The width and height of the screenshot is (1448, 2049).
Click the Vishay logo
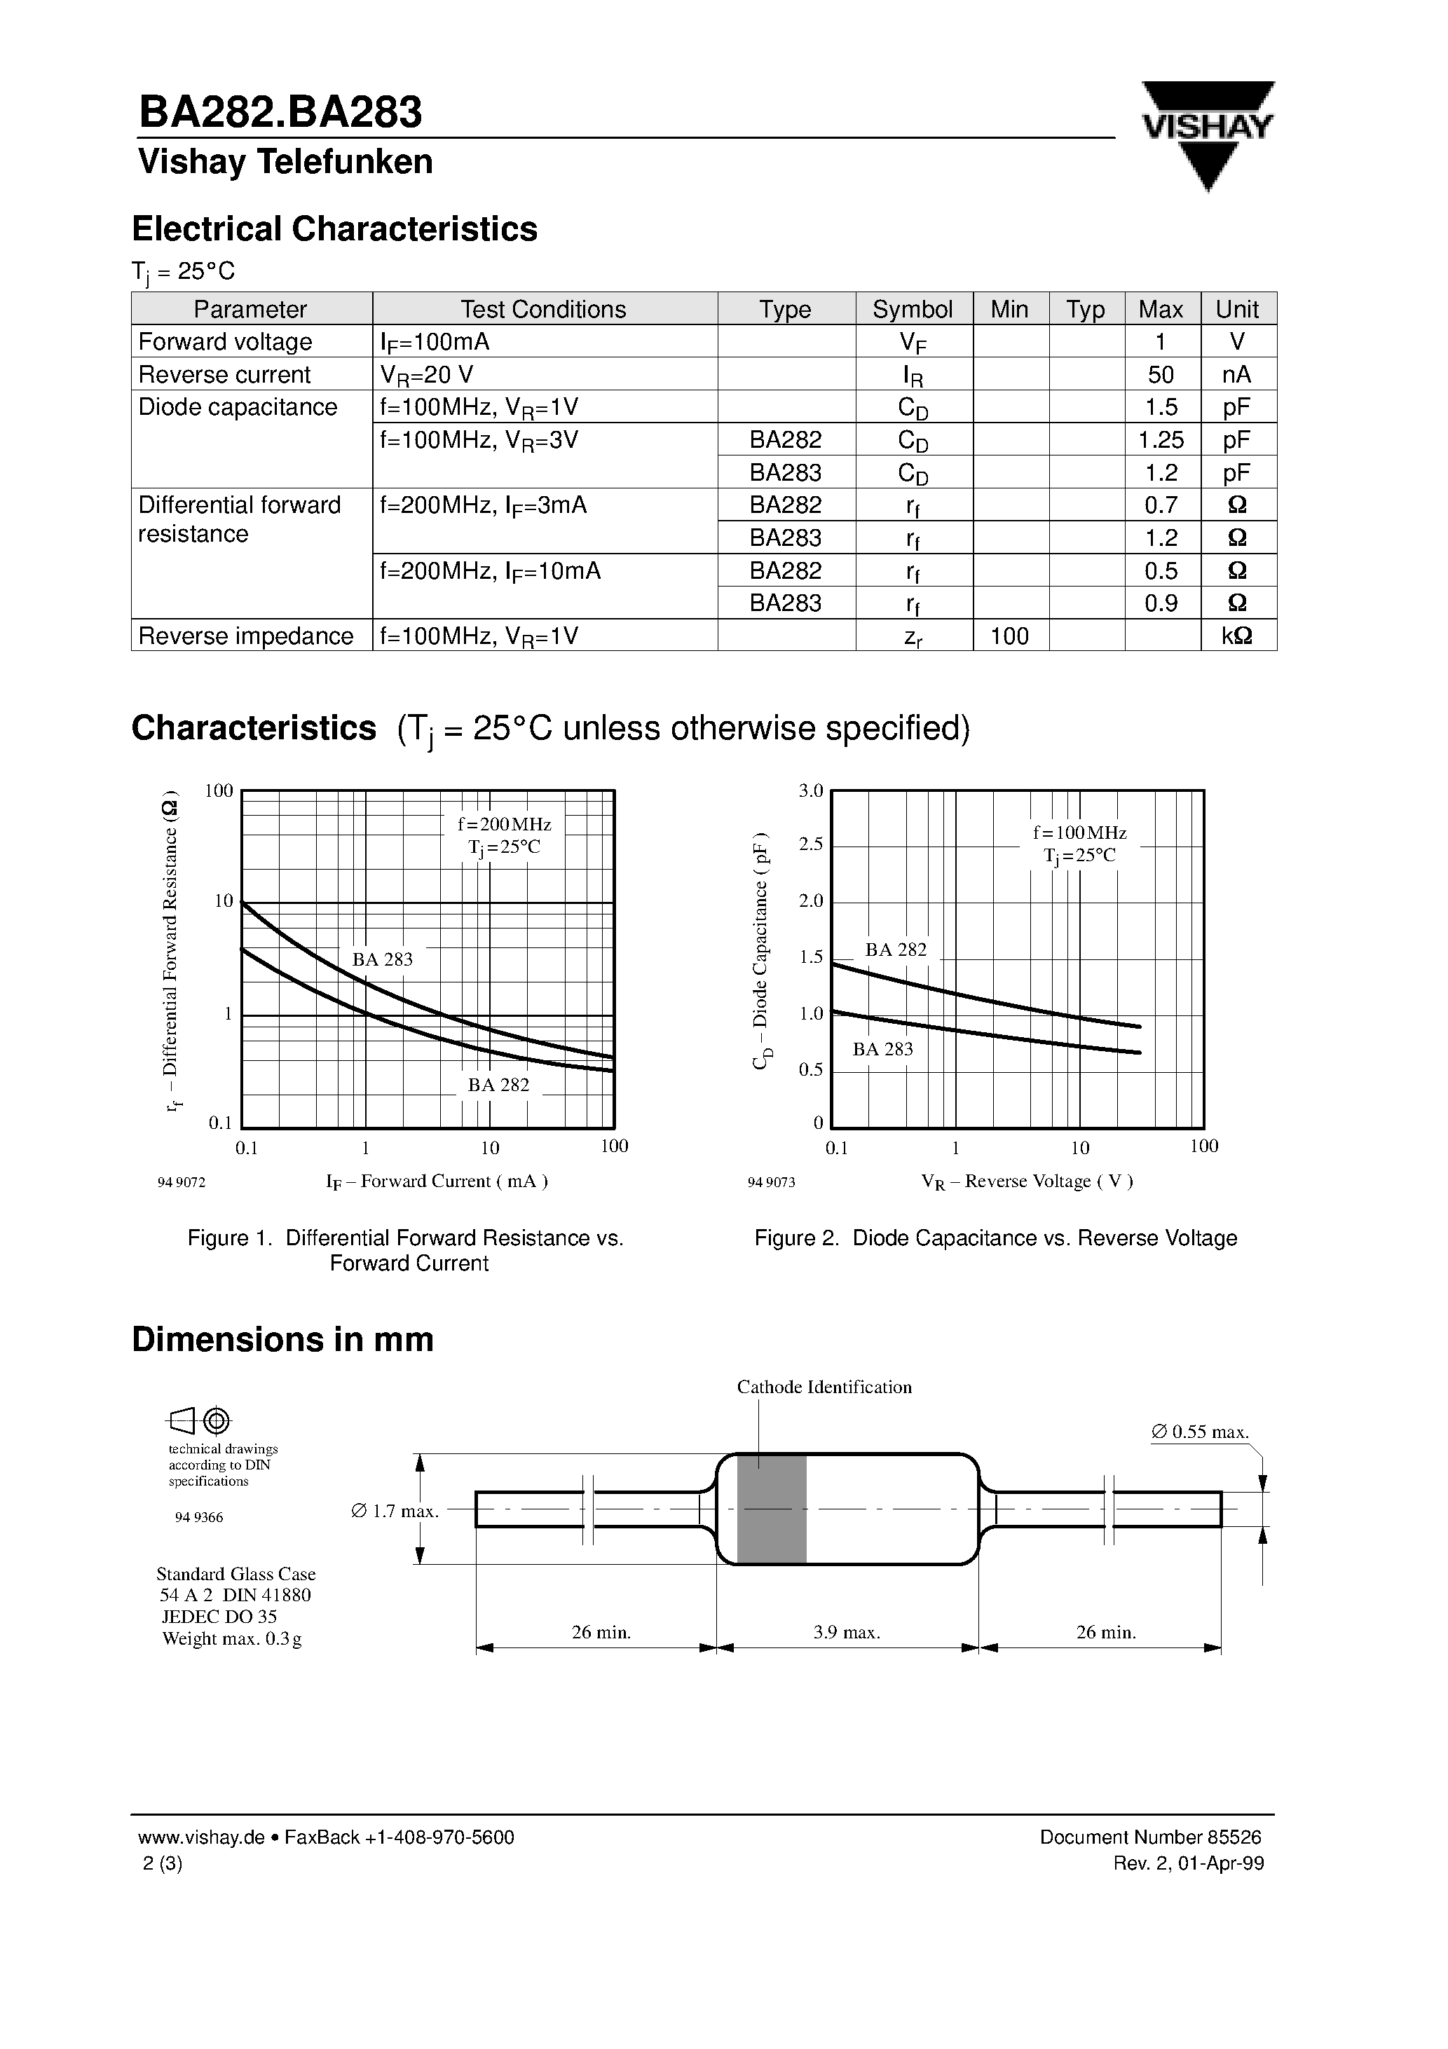pyautogui.click(x=1207, y=134)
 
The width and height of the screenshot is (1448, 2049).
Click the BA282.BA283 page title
pyautogui.click(x=280, y=114)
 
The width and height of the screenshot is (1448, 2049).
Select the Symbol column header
pyautogui.click(x=913, y=309)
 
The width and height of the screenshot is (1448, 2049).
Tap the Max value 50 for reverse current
pyautogui.click(x=1160, y=375)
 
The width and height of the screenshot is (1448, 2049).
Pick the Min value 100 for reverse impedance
pyautogui.click(x=1010, y=636)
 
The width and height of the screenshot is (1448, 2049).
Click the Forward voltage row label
pyautogui.click(x=225, y=342)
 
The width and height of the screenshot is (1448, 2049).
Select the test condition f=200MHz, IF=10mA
pyautogui.click(x=490, y=570)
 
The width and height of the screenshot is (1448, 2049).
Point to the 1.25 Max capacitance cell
pyautogui.click(x=1161, y=440)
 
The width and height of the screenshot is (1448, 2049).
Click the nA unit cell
pyautogui.click(x=1236, y=375)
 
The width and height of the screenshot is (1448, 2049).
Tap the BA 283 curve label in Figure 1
pyautogui.click(x=382, y=959)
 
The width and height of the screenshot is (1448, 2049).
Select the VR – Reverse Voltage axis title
pyautogui.click(x=1027, y=1181)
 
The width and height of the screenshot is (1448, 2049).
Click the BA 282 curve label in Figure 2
pyautogui.click(x=896, y=950)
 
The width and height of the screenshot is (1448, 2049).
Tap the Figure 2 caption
pyautogui.click(x=995, y=1238)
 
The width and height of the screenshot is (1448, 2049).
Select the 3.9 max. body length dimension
pyautogui.click(x=847, y=1632)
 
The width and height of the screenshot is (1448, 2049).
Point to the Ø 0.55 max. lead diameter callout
pyautogui.click(x=1199, y=1432)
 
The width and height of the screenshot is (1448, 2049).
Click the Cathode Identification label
pyautogui.click(x=823, y=1387)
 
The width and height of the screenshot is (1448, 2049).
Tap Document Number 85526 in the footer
pyautogui.click(x=1150, y=1837)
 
